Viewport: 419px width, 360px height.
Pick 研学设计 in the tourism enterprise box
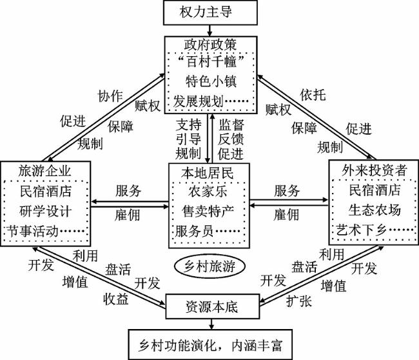coord(45,210)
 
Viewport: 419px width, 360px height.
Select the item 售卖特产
coord(208,210)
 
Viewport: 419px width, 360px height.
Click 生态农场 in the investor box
coord(375,210)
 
